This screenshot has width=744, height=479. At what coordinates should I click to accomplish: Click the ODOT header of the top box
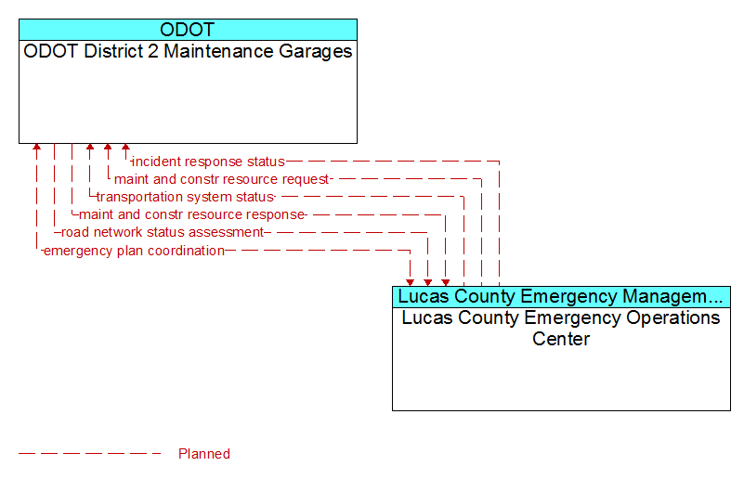(188, 30)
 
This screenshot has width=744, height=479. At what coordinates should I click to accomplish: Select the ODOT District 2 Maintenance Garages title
(188, 51)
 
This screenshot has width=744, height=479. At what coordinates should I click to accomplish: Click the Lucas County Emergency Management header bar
(561, 297)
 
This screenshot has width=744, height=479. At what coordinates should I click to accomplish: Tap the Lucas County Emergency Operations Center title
(561, 328)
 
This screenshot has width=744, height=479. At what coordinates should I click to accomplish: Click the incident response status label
(208, 162)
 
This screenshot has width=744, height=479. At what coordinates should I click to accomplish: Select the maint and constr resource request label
(221, 179)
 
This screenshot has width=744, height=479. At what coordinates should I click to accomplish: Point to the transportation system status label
(185, 197)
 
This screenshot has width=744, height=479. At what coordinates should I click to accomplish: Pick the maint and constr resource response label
(191, 214)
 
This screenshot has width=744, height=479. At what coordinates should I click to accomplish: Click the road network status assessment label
(163, 232)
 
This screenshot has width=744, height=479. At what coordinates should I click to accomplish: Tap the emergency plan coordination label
(134, 251)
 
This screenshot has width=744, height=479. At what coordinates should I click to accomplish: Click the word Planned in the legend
(204, 454)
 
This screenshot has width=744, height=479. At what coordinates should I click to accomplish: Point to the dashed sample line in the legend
(90, 454)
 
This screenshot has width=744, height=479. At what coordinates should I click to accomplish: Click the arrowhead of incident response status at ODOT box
(125, 147)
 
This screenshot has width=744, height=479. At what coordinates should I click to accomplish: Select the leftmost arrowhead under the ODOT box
(36, 147)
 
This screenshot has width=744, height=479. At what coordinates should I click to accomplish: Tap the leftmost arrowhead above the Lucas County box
(410, 282)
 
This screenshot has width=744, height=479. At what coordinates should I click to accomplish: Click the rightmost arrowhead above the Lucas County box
(446, 282)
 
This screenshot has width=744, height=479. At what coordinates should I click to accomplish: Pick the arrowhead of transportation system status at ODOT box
(90, 147)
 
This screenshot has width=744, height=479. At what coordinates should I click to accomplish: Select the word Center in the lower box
(561, 339)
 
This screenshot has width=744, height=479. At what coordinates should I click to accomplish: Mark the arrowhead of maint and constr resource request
(108, 147)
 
